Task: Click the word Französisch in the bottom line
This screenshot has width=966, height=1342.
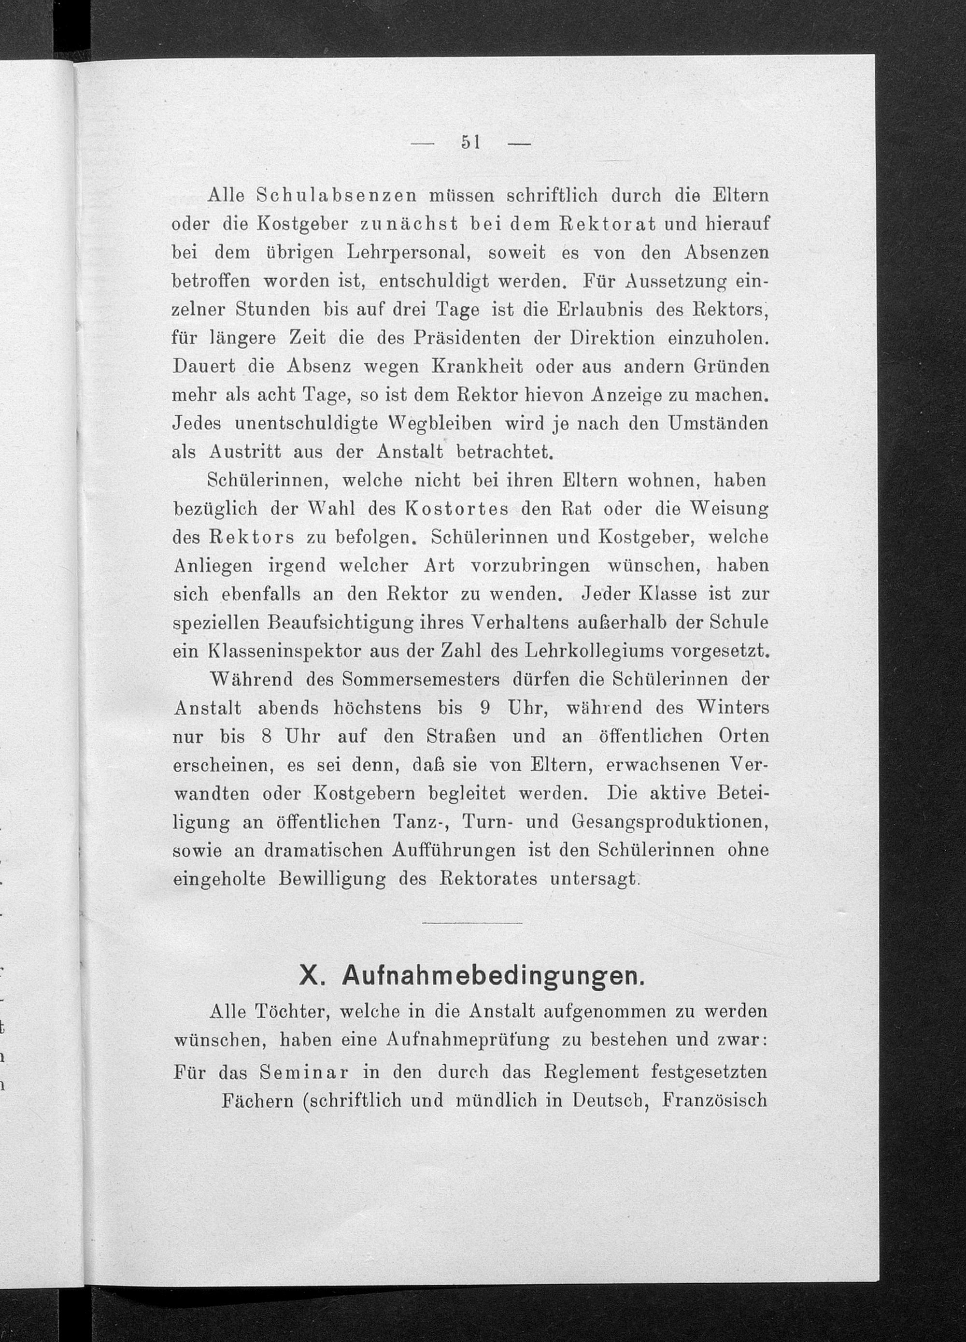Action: pyautogui.click(x=715, y=1100)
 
